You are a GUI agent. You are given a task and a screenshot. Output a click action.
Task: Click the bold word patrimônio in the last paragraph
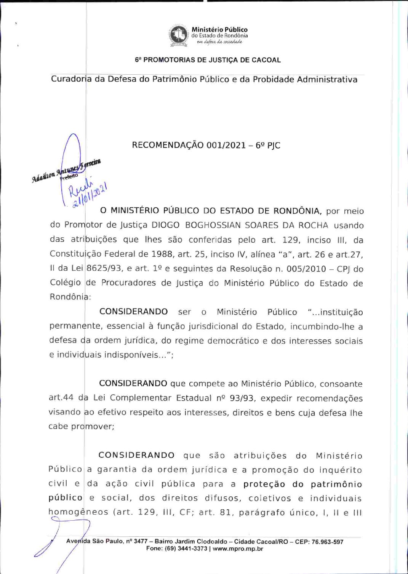click(x=336, y=484)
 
